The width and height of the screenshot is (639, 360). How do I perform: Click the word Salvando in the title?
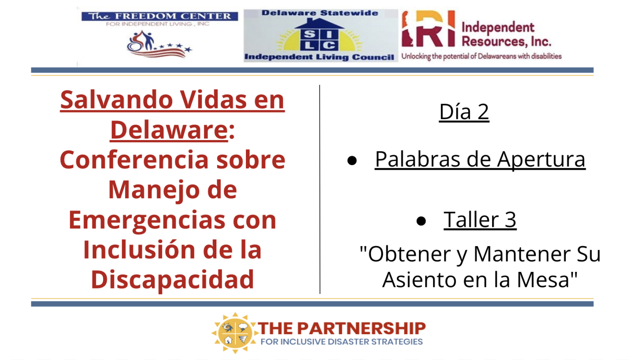click(x=116, y=100)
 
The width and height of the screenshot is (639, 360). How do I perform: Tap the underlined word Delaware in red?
click(x=169, y=130)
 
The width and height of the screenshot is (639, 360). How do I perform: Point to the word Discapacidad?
click(x=172, y=280)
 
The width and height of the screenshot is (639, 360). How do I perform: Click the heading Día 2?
click(x=464, y=112)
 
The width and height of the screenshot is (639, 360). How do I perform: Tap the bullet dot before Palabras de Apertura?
click(x=352, y=160)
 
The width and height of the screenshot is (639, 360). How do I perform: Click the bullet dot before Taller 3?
click(x=421, y=221)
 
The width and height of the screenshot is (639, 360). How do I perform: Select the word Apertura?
click(x=541, y=160)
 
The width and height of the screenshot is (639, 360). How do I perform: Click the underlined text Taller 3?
click(x=480, y=220)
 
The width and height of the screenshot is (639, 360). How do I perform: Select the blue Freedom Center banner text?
click(x=160, y=16)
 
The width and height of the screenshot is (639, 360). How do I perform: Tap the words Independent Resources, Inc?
click(x=506, y=34)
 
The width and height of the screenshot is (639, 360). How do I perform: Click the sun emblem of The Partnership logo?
click(x=235, y=333)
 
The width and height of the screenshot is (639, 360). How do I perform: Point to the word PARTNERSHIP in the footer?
click(x=362, y=328)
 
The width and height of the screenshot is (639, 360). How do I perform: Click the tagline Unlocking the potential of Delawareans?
click(x=481, y=56)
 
